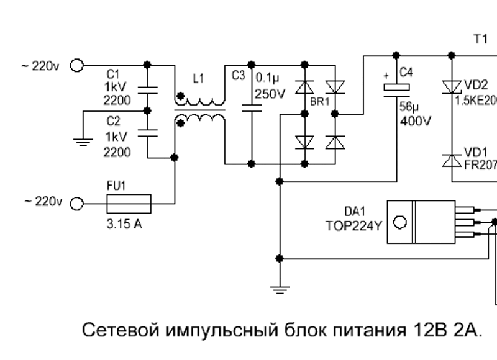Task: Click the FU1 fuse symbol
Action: tap(129, 202)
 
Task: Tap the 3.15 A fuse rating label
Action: tap(124, 224)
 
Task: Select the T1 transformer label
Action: tap(480, 39)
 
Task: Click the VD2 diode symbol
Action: tap(450, 88)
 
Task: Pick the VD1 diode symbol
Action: tap(450, 159)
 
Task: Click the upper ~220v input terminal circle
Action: tap(77, 65)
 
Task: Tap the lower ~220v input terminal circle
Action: tap(77, 203)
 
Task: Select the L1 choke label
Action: tap(198, 79)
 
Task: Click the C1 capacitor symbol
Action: tap(147, 89)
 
